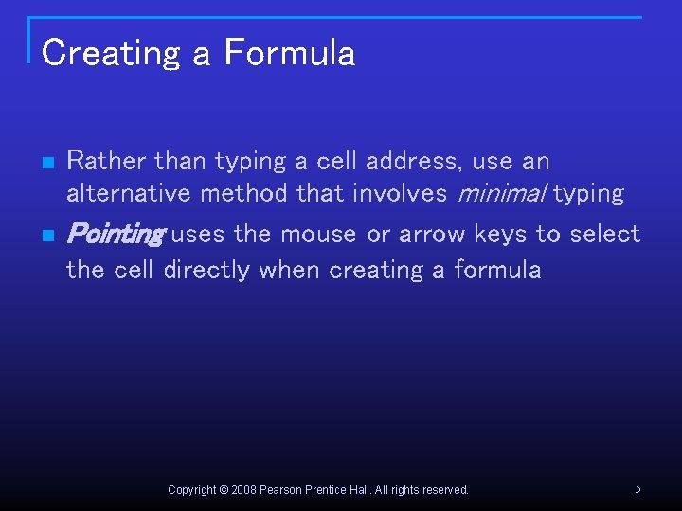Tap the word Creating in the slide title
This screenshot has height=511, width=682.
point(111,53)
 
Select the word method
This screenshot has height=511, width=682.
point(240,193)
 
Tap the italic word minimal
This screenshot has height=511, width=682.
point(502,193)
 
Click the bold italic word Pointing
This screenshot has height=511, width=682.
point(116,234)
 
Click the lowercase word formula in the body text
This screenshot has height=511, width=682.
point(497,270)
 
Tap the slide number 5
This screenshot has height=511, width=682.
point(637,489)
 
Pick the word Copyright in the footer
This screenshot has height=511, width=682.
point(192,490)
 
